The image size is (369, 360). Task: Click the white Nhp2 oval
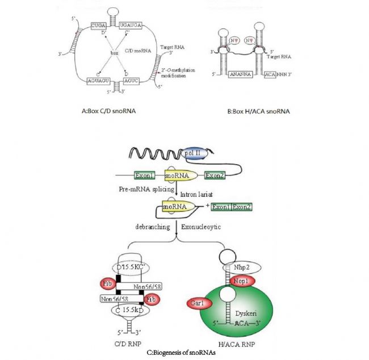pos(237,266)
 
